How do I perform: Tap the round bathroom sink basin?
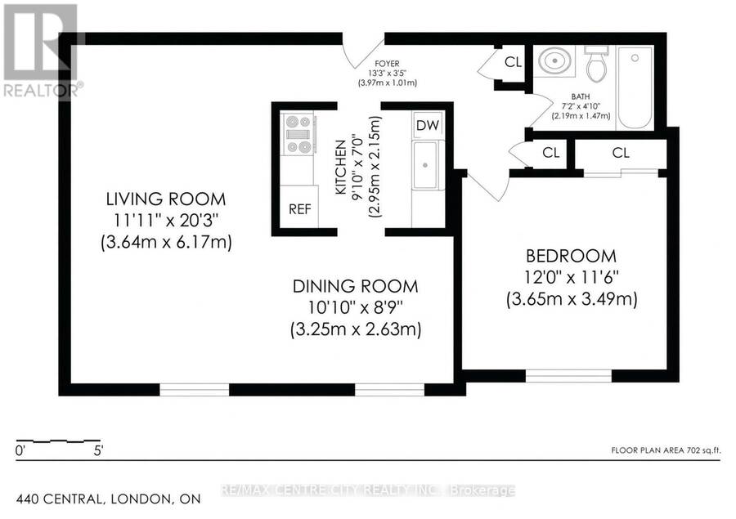pos(554,60)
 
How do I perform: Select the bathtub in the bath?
pos(635,87)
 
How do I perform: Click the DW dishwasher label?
pos(428,125)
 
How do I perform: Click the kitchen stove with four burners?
pos(298,134)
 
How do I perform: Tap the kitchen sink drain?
pos(424,165)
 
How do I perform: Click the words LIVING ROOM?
pos(166,199)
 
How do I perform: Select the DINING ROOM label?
pos(356,286)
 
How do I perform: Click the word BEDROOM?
pos(572,256)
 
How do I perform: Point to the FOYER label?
pos(388,64)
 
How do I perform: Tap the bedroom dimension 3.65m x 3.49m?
pos(572,299)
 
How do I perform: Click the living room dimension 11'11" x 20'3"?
pos(166,221)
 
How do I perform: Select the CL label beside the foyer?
pos(513,62)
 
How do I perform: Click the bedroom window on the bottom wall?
pos(568,376)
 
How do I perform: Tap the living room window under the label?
pos(195,390)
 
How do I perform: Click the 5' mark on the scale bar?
pos(98,451)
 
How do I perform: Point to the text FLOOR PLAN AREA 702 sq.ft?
pos(666,450)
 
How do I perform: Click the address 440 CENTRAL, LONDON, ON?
pos(109,499)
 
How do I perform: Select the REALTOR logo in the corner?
pos(42,51)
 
